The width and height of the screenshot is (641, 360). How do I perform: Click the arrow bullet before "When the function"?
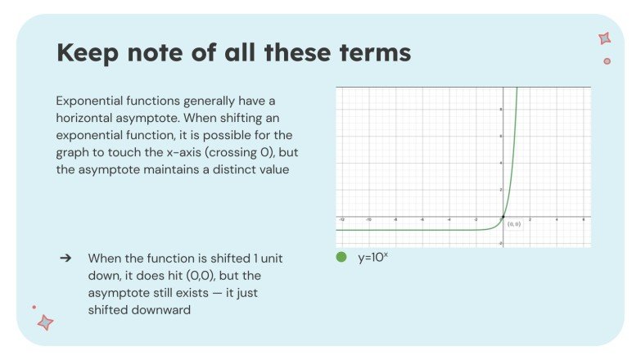pyautogui.click(x=65, y=258)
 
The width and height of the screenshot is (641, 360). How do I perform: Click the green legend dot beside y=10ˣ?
pyautogui.click(x=342, y=257)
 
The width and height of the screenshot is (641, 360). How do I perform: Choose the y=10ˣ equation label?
pyautogui.click(x=373, y=256)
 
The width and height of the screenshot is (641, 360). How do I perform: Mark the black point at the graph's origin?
pyautogui.click(x=503, y=217)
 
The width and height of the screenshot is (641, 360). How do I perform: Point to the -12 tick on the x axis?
pyautogui.click(x=342, y=220)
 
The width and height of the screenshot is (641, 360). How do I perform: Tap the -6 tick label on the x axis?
pyautogui.click(x=422, y=220)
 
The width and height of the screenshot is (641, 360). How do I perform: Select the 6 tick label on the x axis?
pyautogui.click(x=582, y=220)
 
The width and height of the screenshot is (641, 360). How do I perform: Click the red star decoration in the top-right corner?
pyautogui.click(x=604, y=38)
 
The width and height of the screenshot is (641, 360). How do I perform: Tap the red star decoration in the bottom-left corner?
pyautogui.click(x=46, y=323)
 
